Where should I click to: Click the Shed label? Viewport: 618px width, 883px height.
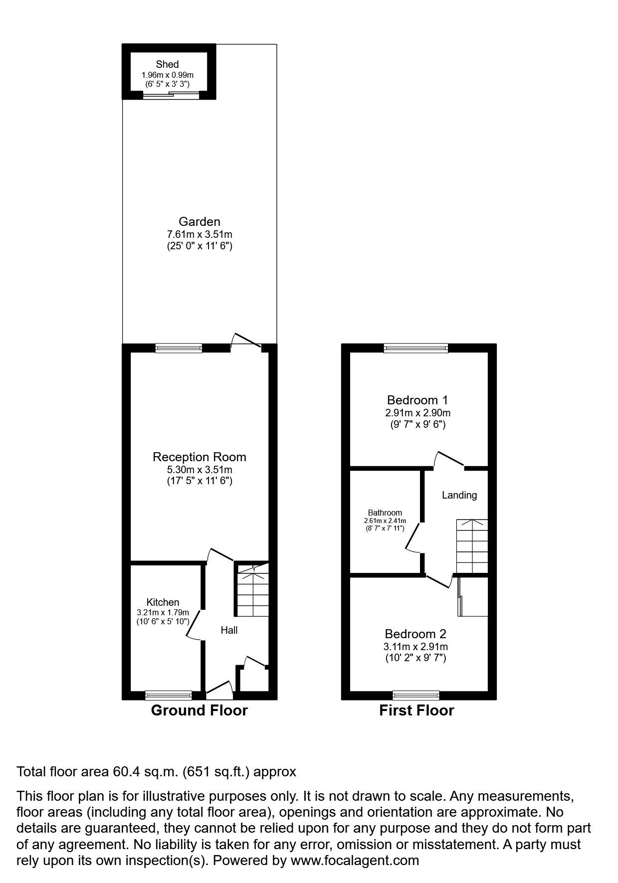click(x=167, y=64)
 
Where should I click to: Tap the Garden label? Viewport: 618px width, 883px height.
click(x=200, y=222)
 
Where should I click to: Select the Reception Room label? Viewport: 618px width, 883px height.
click(x=200, y=457)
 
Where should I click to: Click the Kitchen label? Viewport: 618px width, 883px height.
click(x=163, y=602)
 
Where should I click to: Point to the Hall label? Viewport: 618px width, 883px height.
click(x=229, y=630)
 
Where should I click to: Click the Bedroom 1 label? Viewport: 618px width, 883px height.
click(x=417, y=400)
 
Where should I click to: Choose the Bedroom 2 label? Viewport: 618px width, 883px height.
click(x=415, y=634)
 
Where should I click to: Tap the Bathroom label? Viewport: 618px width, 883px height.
click(x=385, y=513)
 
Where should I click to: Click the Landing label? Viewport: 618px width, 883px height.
click(x=459, y=495)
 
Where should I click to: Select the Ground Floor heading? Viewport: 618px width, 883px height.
click(x=199, y=710)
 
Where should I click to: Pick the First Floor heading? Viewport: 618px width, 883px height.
click(x=416, y=710)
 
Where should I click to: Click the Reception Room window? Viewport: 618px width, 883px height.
click(x=179, y=348)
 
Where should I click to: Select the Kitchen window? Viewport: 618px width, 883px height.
click(x=169, y=695)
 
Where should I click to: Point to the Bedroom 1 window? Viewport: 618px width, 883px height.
click(x=416, y=348)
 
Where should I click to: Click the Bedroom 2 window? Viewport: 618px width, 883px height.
click(x=416, y=695)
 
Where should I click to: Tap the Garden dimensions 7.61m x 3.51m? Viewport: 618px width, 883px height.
click(x=200, y=234)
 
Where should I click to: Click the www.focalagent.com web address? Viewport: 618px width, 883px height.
click(x=355, y=860)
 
